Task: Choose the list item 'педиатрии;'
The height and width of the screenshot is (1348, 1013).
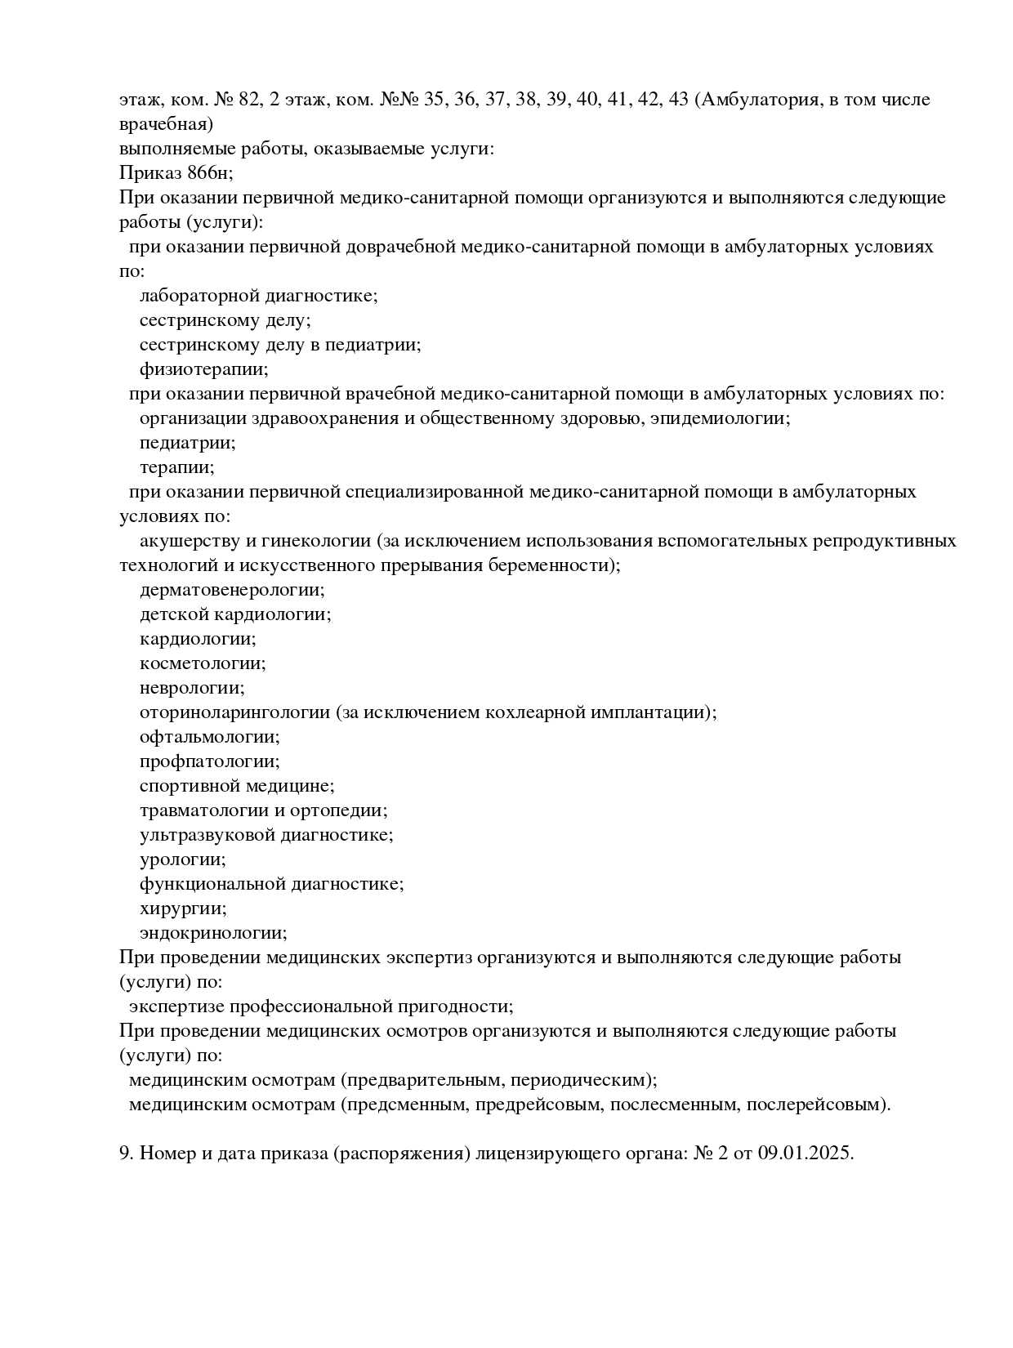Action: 188,443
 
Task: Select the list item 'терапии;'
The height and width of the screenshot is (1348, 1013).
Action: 177,467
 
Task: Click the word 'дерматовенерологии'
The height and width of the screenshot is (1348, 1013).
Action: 231,590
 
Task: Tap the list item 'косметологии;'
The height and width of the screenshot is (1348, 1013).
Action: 203,663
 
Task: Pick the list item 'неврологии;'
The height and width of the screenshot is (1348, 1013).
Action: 192,688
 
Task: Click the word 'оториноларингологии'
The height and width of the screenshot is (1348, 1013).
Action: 234,712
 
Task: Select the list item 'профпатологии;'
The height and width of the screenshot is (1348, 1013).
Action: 210,761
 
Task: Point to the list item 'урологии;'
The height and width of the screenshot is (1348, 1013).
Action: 183,859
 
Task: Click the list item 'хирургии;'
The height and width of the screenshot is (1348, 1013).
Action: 183,908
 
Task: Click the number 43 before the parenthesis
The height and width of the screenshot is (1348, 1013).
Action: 677,100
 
